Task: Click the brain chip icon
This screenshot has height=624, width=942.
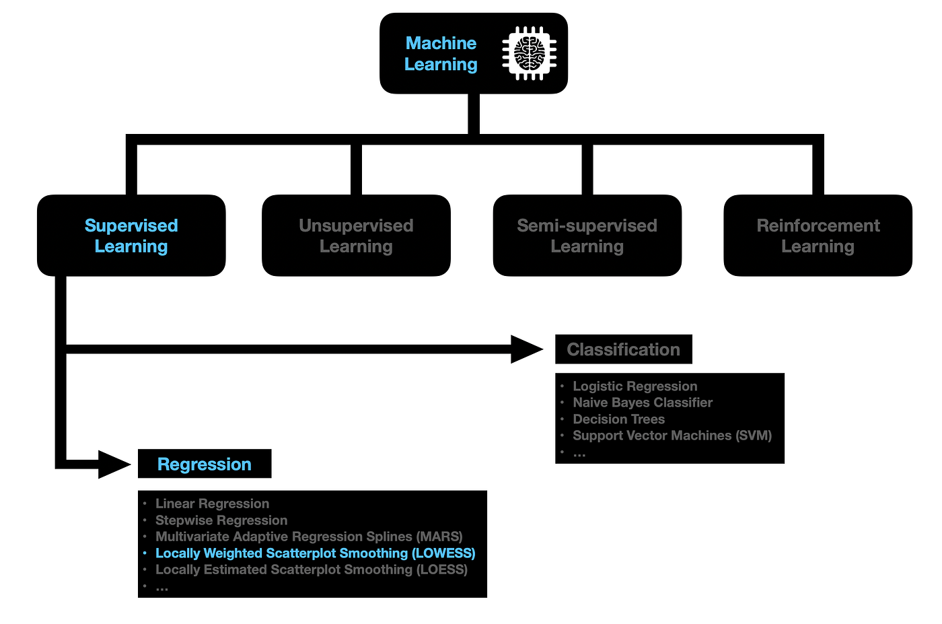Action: pos(530,53)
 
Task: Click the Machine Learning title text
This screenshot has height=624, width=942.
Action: pos(441,54)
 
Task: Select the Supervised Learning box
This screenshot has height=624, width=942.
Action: pos(131,236)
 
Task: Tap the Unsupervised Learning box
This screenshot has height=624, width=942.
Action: pos(356,236)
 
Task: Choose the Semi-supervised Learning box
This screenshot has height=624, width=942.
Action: pos(587,236)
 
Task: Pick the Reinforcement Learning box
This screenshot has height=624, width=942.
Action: pos(818,236)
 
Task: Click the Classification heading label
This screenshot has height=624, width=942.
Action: pos(623,349)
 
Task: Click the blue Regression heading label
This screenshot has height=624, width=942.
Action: pos(204,464)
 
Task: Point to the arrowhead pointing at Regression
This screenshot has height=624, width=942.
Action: pos(114,464)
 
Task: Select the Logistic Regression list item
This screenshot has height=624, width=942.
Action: pos(635,386)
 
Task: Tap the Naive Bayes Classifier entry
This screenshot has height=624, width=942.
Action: pos(643,403)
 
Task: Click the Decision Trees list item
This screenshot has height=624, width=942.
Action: pos(618,419)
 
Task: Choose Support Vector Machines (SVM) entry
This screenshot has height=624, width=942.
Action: pos(672,436)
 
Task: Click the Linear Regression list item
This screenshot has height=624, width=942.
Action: pos(212,504)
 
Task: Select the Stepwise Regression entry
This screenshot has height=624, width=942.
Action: pos(221,520)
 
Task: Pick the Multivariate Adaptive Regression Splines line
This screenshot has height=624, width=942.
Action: pos(309,536)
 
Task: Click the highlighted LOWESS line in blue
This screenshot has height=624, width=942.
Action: pos(315,553)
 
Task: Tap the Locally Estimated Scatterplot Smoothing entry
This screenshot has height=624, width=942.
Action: pos(311,569)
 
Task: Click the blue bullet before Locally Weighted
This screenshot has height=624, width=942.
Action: pos(145,553)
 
